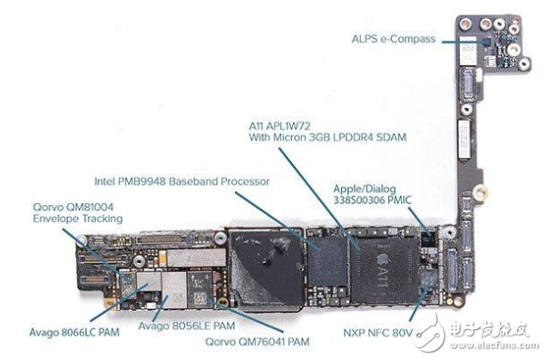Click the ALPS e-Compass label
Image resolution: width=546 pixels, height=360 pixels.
pos(394,38)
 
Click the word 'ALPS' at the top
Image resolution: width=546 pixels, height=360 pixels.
pos(364,38)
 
